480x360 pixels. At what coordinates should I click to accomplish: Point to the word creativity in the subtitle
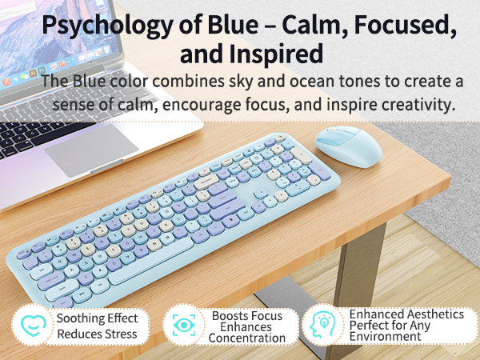coord(409,104)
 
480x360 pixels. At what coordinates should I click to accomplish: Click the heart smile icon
coord(30,326)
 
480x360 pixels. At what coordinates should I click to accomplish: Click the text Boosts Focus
coord(246,315)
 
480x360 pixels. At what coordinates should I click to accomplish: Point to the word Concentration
coord(246,338)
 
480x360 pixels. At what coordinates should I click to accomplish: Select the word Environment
coord(386,337)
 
